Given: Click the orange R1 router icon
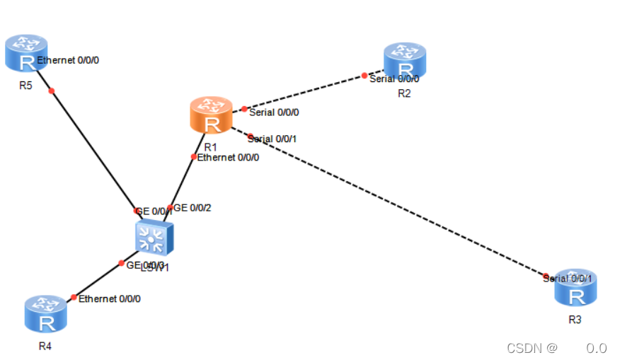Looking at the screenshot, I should point(211,115).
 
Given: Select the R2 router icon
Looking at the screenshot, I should point(405,61).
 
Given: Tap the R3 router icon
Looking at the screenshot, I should point(575,287).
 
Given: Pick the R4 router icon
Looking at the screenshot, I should point(46,314).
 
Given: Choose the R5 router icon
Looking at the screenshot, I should point(26,53).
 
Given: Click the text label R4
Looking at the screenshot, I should point(45,346).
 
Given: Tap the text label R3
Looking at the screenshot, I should point(575,320).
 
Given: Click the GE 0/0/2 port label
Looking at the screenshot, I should point(193,208).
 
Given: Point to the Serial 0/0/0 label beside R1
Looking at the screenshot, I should point(274,112).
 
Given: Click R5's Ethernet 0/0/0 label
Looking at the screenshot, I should point(68,60).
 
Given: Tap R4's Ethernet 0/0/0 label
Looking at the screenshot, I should point(110,298).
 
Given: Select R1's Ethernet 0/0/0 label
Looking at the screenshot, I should point(228,157).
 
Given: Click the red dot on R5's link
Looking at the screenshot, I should point(52,91).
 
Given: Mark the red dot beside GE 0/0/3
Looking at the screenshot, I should point(122,263).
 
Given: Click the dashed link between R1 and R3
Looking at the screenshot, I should point(396,205).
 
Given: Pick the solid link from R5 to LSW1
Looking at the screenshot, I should point(92,149).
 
